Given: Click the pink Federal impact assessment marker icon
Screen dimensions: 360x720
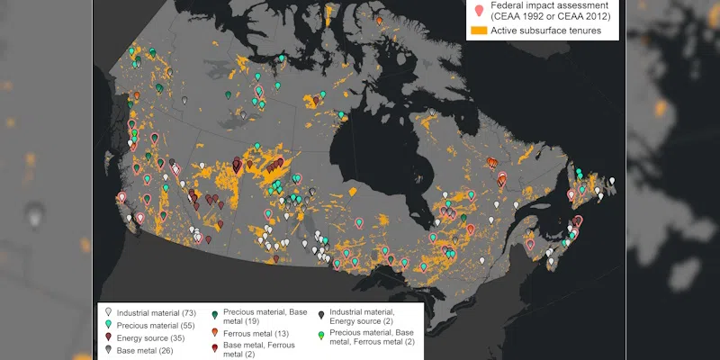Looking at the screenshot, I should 479,11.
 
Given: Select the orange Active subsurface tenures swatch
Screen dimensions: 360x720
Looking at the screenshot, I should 479,31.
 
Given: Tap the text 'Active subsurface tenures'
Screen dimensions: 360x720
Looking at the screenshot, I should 545,31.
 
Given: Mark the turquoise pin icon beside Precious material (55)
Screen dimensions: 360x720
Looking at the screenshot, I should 108,323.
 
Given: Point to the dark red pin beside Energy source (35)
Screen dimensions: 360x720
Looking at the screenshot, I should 108,337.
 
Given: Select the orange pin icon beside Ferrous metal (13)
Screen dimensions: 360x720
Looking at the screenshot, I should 214,331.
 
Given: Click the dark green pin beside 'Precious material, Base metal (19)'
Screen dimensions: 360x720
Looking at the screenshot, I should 214,314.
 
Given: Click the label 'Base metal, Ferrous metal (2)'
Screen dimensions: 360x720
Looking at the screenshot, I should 261,348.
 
